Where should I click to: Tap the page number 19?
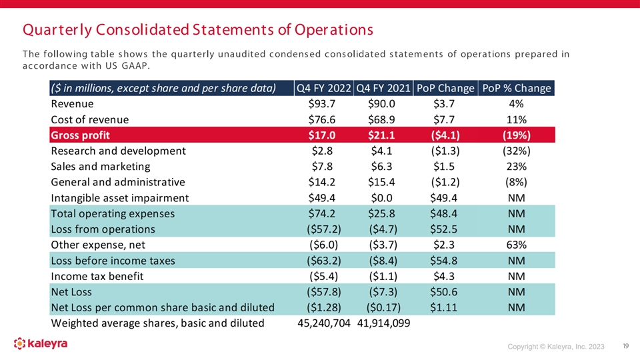[x=625, y=346]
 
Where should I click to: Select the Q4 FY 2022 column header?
[x=324, y=89]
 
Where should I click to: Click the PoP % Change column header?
[x=517, y=89]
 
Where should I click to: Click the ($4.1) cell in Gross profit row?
[x=444, y=135]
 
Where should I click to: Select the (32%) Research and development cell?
[x=516, y=151]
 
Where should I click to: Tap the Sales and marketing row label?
[x=100, y=167]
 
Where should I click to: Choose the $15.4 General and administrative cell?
[x=382, y=182]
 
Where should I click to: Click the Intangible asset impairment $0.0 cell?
[x=382, y=198]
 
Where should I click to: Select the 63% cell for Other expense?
[x=516, y=245]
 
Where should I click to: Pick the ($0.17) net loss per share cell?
[x=382, y=307]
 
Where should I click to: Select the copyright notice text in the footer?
[x=555, y=347]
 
